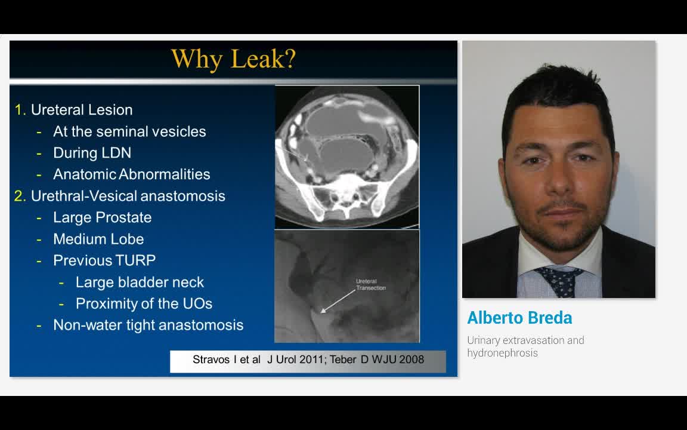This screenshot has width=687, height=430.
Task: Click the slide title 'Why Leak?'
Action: pyautogui.click(x=233, y=59)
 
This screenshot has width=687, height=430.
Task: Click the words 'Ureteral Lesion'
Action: pyautogui.click(x=82, y=110)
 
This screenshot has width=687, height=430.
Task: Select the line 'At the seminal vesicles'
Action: pyautogui.click(x=129, y=131)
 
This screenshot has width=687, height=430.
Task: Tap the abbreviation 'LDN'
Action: pyautogui.click(x=117, y=153)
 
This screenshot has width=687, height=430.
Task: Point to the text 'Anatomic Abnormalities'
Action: pyautogui.click(x=132, y=174)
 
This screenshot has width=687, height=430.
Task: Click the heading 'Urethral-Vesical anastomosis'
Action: pyautogui.click(x=128, y=196)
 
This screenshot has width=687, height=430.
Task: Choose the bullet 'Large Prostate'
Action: pyautogui.click(x=102, y=217)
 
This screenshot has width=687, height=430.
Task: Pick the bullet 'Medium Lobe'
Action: pyautogui.click(x=98, y=239)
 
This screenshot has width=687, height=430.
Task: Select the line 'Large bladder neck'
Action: pyautogui.click(x=140, y=282)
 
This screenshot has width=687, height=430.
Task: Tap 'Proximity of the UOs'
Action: pyautogui.click(x=144, y=303)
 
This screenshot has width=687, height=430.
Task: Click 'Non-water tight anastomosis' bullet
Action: pyautogui.click(x=148, y=325)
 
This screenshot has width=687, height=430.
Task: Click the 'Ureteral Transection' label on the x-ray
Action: pyautogui.click(x=370, y=284)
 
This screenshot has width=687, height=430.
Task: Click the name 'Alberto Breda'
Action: pyautogui.click(x=519, y=318)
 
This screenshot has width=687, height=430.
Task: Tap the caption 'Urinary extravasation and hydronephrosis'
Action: pyautogui.click(x=525, y=346)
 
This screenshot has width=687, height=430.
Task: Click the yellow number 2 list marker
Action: pyautogui.click(x=20, y=196)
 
